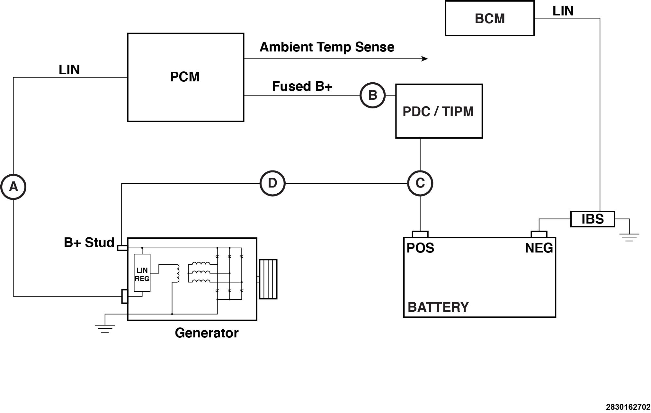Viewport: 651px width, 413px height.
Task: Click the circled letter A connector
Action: coord(13,187)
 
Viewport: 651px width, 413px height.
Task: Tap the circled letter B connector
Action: coord(372,95)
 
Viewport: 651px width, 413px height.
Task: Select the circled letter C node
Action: coord(420,183)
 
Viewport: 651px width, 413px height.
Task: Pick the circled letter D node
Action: coord(272,183)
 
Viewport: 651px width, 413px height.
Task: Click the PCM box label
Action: coord(185,77)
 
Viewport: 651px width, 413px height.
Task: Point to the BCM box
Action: coord(489,18)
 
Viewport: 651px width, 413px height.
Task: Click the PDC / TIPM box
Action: coord(439,111)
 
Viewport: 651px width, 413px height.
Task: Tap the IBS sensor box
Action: coord(592,219)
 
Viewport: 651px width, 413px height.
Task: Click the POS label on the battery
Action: coord(420,248)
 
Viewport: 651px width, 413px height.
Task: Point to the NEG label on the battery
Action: coord(539,248)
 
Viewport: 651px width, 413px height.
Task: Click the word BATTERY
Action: coord(438,307)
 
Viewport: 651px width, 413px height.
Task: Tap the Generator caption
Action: coord(207,333)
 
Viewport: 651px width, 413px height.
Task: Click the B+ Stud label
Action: coord(89,243)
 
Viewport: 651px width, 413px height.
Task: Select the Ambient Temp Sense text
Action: coord(327,47)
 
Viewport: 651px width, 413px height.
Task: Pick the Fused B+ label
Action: coord(302,86)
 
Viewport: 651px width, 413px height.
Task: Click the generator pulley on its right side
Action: coord(268,279)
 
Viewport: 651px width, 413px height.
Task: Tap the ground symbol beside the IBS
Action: coord(629,237)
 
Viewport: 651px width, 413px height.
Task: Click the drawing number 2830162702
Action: coord(628,407)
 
